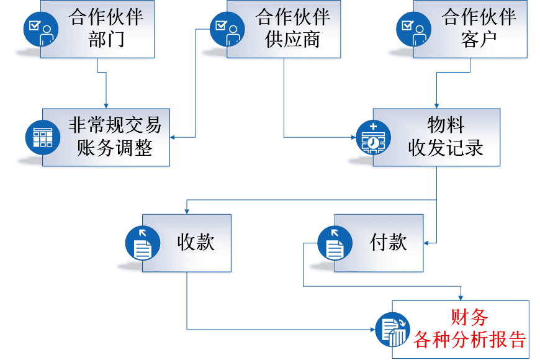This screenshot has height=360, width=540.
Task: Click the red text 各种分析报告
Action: coord(469,340)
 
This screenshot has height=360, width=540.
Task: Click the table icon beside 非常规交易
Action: coord(43,137)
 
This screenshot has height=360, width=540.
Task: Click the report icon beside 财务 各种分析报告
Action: coord(393,329)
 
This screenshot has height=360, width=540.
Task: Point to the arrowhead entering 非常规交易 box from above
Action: coord(106,106)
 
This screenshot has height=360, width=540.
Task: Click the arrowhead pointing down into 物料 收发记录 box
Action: coord(436,106)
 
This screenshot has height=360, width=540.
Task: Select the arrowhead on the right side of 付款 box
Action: coord(427,243)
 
